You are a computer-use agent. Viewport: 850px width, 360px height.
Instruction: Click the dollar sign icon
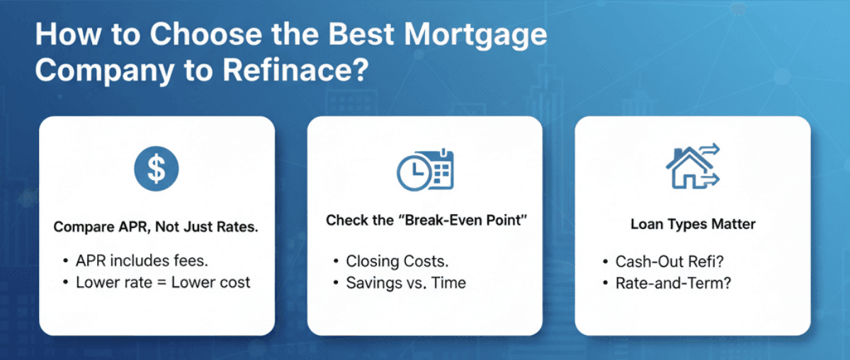tap(157, 169)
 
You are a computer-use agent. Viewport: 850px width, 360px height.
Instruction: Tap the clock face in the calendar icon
tap(414, 172)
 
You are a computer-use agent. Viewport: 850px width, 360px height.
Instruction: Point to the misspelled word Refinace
tap(295, 70)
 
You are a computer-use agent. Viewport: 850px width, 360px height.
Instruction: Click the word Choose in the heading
tap(205, 34)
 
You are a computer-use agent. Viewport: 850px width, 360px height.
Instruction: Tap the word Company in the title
tap(104, 71)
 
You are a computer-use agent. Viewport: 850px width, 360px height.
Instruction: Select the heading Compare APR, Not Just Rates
tap(156, 227)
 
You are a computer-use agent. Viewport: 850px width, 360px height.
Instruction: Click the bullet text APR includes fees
tap(142, 261)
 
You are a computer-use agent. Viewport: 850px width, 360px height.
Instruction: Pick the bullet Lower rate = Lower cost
tap(163, 283)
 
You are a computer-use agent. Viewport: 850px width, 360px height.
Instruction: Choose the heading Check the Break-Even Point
tap(426, 220)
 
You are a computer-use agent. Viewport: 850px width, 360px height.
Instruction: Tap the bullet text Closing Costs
tap(397, 261)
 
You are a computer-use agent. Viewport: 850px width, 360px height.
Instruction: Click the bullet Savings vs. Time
tap(406, 283)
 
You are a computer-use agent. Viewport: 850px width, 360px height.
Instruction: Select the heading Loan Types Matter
tap(693, 224)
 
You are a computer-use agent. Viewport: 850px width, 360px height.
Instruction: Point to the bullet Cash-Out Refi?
tap(670, 261)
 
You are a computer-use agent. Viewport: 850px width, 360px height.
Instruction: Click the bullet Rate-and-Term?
tap(673, 283)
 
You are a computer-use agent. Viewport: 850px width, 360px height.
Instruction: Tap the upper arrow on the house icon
tap(710, 149)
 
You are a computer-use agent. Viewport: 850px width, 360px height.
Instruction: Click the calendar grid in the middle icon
tap(441, 174)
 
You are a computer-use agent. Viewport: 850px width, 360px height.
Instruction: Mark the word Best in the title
tap(361, 34)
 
